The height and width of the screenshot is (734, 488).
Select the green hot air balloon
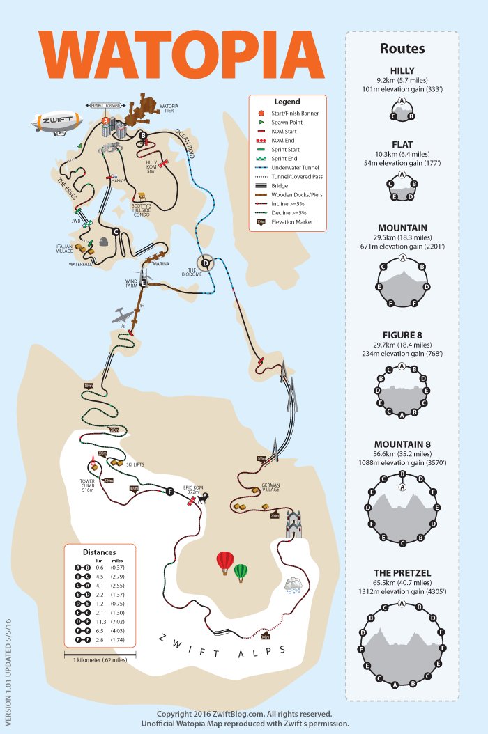[x=241, y=572]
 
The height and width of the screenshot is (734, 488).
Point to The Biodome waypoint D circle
[x=206, y=263]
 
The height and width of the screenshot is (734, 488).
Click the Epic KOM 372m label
[x=192, y=490]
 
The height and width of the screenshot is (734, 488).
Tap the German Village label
[x=270, y=487]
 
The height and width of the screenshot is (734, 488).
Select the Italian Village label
[x=67, y=249]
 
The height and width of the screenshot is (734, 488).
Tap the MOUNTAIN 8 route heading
[x=402, y=444]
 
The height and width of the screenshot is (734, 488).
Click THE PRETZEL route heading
[x=402, y=573]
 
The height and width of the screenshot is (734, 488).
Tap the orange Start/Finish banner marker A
[x=106, y=120]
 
